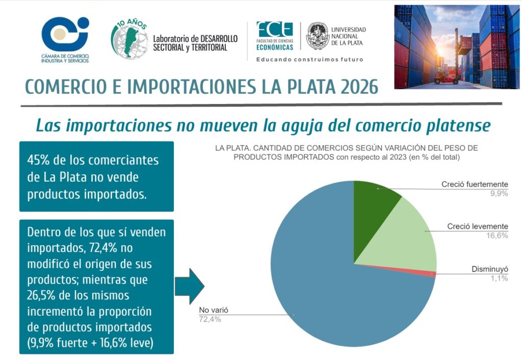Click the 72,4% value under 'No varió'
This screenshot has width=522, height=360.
[x=210, y=319]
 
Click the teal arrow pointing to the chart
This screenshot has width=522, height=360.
[x=189, y=286]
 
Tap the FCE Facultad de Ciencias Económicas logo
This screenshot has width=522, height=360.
[x=275, y=35]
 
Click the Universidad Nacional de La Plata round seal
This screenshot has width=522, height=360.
[x=317, y=36]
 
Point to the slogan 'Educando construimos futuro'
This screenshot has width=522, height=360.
[x=309, y=60]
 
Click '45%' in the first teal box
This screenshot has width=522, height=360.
[x=39, y=160]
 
